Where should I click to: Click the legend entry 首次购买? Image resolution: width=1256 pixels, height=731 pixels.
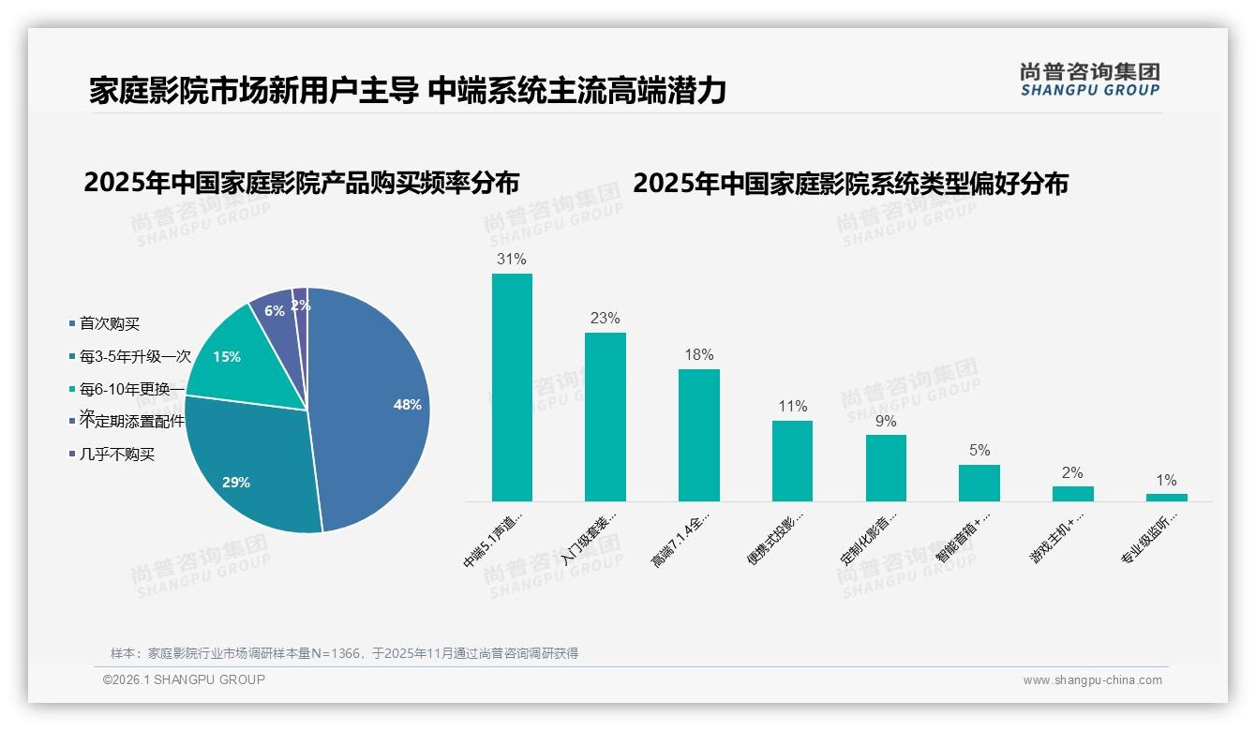click(x=109, y=323)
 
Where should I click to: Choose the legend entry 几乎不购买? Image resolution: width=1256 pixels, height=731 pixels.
click(x=116, y=455)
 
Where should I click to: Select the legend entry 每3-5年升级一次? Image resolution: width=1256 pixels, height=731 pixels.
click(x=134, y=356)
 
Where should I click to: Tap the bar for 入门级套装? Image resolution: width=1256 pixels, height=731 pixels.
click(x=605, y=417)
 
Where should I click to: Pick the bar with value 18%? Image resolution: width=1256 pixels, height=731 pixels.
click(x=698, y=435)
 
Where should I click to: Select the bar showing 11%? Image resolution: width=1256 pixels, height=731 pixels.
click(x=792, y=460)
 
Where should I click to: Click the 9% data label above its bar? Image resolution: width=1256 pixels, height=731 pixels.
click(x=886, y=421)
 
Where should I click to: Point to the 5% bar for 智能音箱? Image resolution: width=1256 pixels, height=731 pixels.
click(x=979, y=483)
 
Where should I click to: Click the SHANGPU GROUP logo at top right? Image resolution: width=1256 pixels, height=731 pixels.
click(x=1089, y=80)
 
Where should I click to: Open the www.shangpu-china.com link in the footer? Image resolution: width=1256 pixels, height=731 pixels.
click(x=1092, y=680)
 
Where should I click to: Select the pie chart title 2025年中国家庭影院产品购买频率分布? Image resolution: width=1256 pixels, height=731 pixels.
click(x=301, y=182)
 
